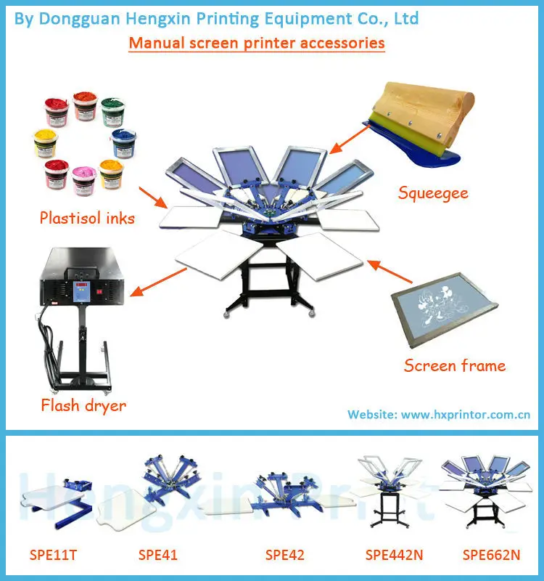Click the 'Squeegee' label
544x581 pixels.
433,193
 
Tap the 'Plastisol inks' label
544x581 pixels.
87,218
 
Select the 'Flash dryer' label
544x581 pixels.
83,405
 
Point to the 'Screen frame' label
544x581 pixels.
454,365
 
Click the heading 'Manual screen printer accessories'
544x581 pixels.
257,43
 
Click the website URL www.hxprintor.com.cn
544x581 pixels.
466,415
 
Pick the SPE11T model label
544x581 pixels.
53,556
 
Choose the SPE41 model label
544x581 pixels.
157,556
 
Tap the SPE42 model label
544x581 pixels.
284,556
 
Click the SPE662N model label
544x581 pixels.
491,556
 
